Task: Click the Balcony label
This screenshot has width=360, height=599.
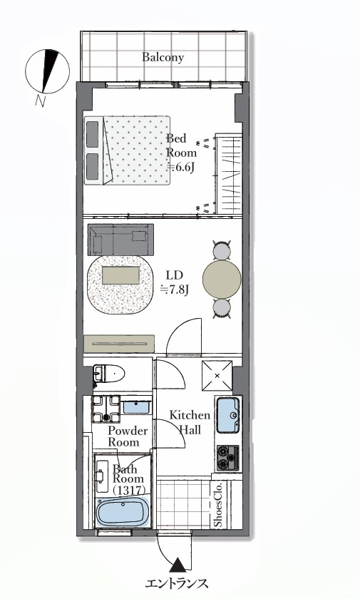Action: (163, 57)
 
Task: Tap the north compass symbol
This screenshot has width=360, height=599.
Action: (47, 71)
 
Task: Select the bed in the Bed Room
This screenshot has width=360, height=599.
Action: (127, 150)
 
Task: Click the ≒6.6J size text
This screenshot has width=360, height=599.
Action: (182, 168)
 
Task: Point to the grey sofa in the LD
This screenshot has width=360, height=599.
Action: (120, 240)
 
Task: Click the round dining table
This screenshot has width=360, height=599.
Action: (222, 280)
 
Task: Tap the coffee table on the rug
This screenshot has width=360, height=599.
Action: (121, 275)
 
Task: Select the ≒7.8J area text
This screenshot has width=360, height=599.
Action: (175, 290)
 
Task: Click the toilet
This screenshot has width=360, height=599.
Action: (109, 373)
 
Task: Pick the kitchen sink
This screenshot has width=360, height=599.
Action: (228, 415)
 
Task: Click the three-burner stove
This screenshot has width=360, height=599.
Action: (228, 458)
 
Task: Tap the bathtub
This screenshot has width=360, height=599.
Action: (123, 512)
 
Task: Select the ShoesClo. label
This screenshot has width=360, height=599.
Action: (218, 504)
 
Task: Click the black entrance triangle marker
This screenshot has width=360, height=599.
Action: (178, 565)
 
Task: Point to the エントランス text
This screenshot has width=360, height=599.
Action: (177, 583)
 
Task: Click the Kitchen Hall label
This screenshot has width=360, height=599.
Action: (190, 422)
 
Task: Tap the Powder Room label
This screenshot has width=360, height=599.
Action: (128, 436)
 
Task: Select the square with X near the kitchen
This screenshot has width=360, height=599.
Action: (217, 376)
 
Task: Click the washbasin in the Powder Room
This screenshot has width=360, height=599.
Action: (136, 407)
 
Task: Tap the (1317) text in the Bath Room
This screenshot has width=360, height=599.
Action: (130, 490)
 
